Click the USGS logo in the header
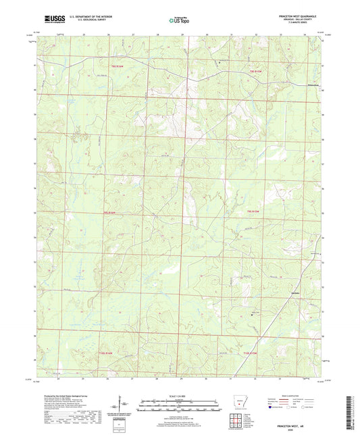click(51, 19)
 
